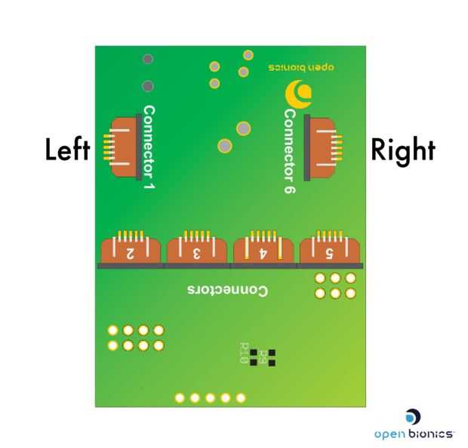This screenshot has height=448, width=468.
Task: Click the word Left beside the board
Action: coord(68,150)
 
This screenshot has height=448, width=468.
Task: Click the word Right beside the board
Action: coord(403,150)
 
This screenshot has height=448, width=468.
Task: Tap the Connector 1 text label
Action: coord(149,147)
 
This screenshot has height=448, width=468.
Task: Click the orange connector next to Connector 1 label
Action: coord(124,147)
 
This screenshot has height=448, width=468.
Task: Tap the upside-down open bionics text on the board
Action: coord(301,66)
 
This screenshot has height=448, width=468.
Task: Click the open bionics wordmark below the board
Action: coord(414,434)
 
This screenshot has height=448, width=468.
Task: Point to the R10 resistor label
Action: coord(243,353)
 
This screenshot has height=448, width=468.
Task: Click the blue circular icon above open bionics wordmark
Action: coord(413,416)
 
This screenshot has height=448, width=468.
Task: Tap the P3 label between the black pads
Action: coord(263,357)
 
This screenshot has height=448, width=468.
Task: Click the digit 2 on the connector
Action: coord(131,254)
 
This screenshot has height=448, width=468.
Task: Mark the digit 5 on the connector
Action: coord(330,254)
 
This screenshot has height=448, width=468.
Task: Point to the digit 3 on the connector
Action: coord(197,254)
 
